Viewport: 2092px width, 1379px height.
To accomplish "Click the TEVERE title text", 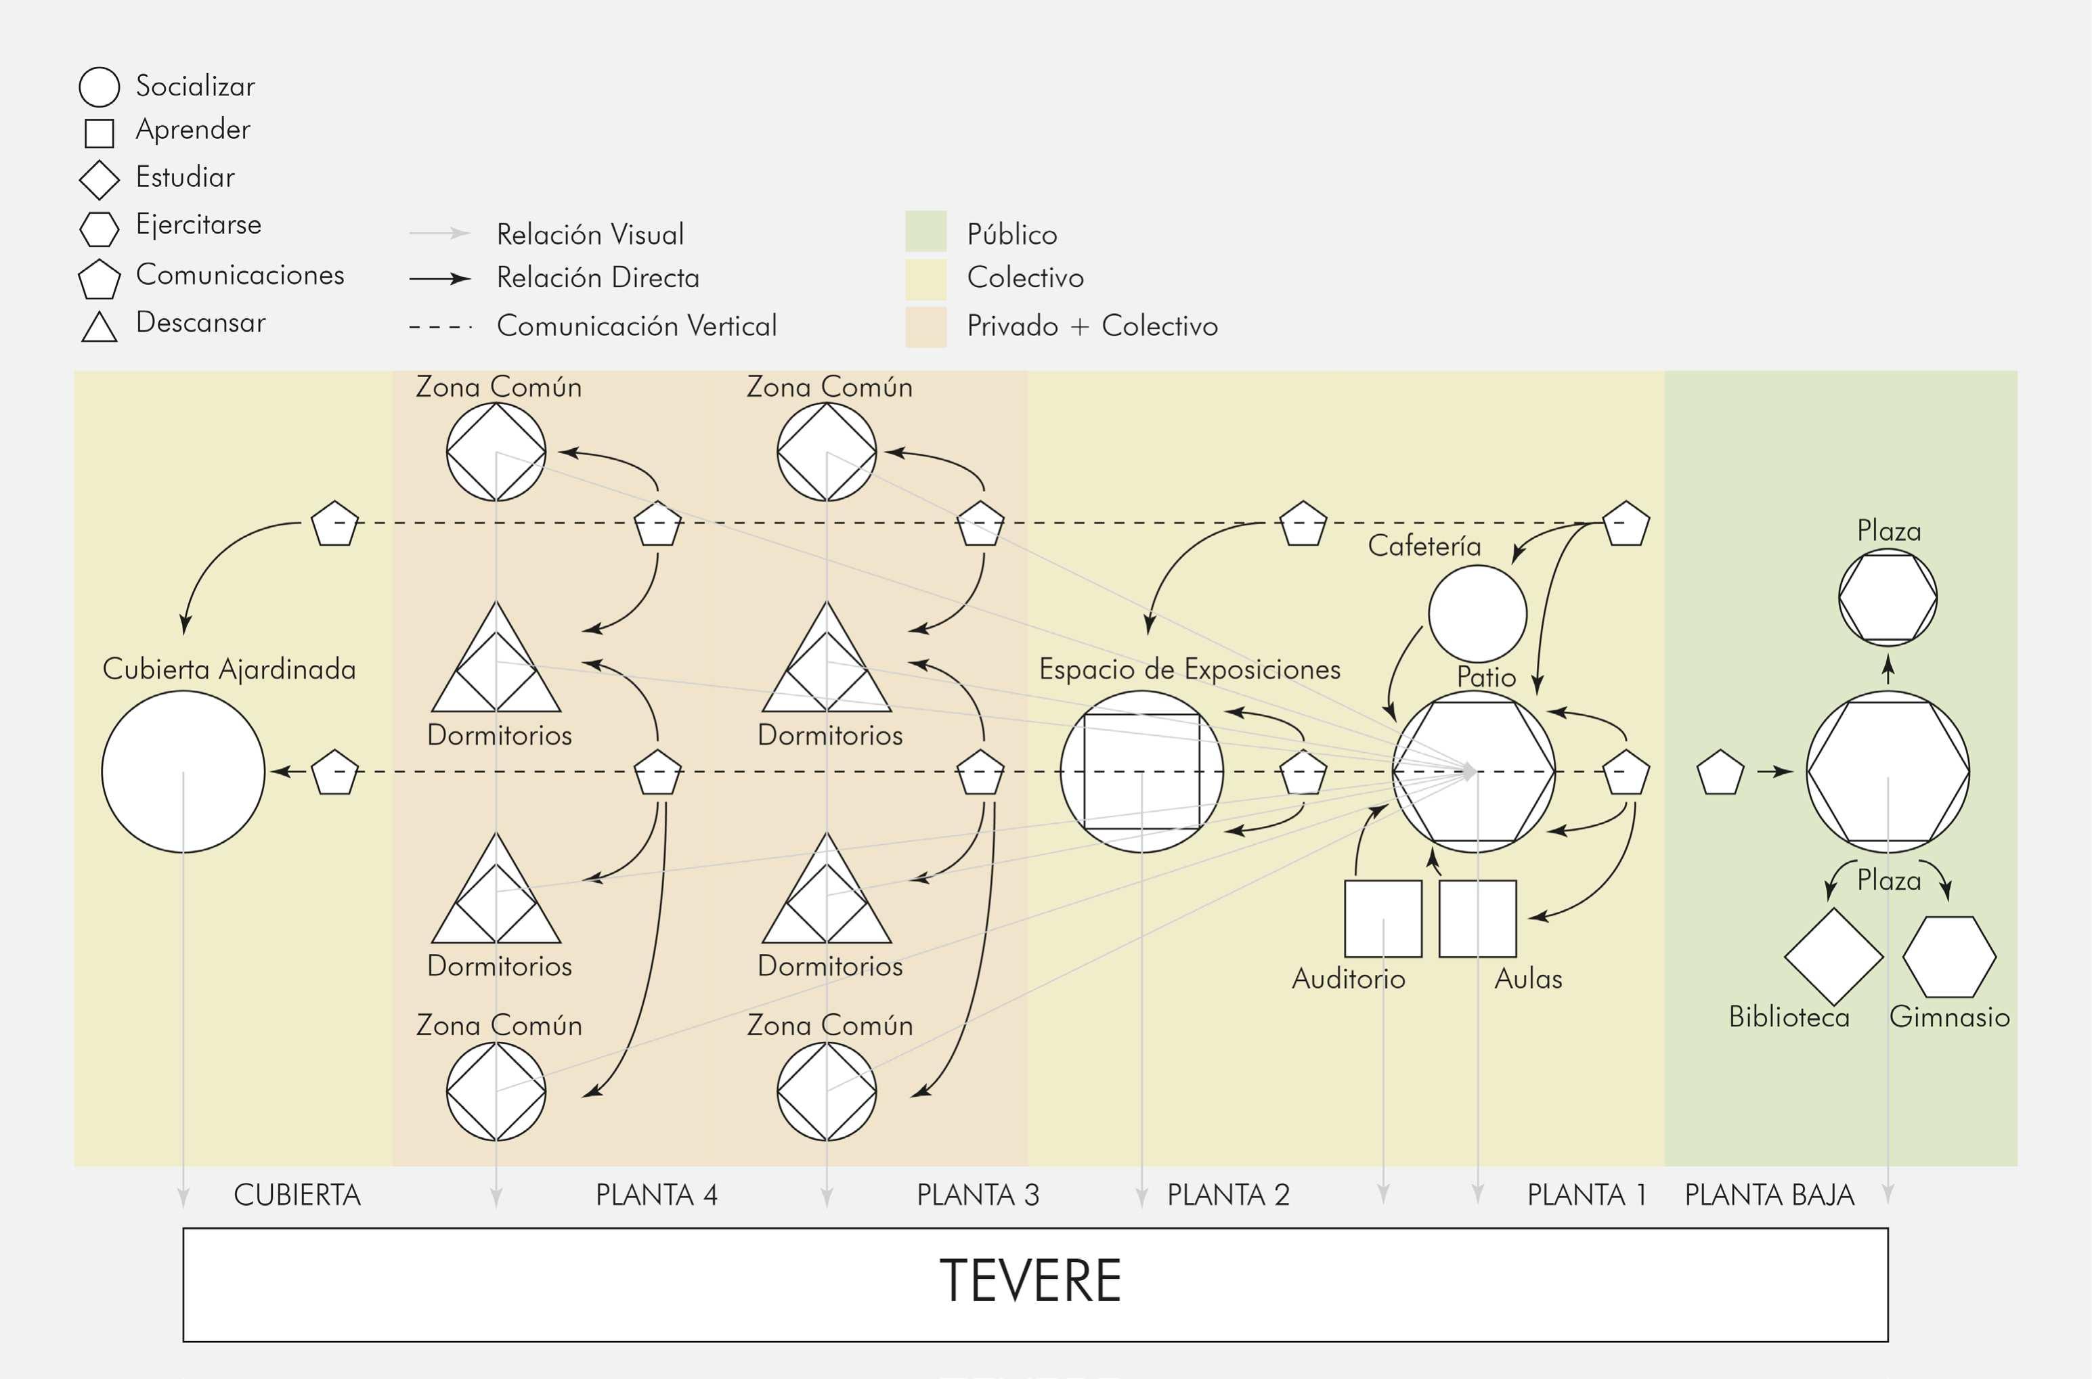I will (1030, 1281).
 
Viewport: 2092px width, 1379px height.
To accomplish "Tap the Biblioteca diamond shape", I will (1833, 956).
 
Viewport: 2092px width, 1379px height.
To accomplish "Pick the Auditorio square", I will (1383, 918).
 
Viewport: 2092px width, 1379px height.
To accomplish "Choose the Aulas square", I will (1477, 918).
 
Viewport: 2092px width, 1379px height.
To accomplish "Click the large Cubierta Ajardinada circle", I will (183, 771).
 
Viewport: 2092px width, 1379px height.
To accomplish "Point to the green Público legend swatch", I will (926, 232).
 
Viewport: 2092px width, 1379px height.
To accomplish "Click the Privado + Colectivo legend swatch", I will (926, 326).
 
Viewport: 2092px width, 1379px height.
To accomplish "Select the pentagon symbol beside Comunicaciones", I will (100, 280).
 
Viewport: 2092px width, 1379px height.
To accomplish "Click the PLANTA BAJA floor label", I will (1769, 1195).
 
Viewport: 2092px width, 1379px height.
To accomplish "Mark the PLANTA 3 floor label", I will (978, 1195).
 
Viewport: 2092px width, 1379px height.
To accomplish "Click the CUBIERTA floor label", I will (297, 1195).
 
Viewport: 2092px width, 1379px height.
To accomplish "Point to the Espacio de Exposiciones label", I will (1189, 670).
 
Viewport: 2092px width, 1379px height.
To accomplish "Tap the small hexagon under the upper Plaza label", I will (1888, 597).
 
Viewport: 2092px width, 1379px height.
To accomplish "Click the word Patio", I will (1486, 677).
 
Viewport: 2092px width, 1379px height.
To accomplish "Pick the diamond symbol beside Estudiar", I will (100, 180).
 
